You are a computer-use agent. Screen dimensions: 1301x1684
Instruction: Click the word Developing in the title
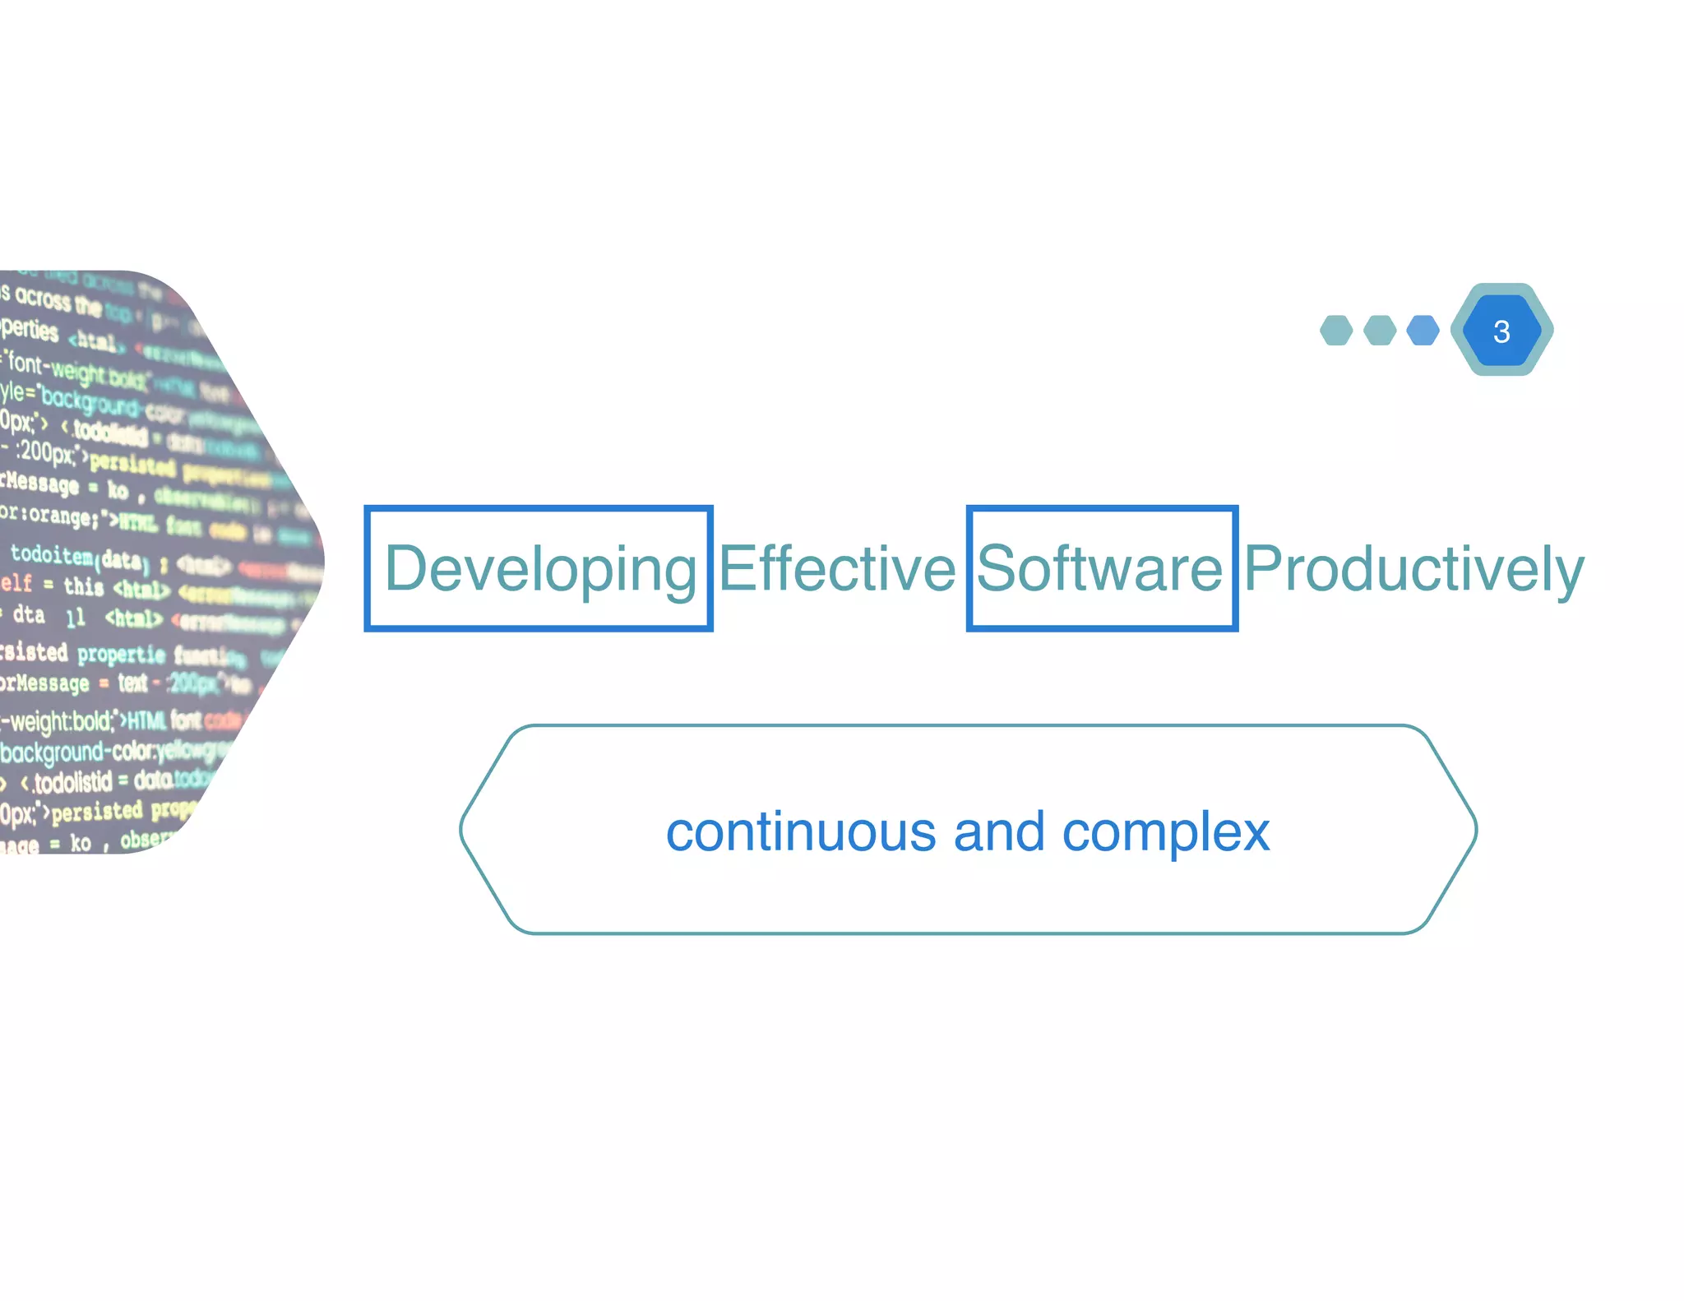(540, 568)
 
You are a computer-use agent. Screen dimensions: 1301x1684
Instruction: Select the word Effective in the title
(837, 568)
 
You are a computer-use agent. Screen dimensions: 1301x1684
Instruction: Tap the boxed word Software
(1100, 568)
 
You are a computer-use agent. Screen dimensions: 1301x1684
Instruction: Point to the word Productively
(1413, 568)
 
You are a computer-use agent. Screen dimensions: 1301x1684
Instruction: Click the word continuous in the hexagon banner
(800, 831)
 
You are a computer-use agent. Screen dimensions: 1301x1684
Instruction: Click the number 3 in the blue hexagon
(1501, 331)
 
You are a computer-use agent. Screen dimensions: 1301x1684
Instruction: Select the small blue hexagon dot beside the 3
(1423, 331)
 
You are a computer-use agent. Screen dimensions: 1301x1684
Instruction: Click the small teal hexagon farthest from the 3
(1336, 331)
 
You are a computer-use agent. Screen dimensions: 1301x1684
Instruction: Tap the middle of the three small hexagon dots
(1380, 331)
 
